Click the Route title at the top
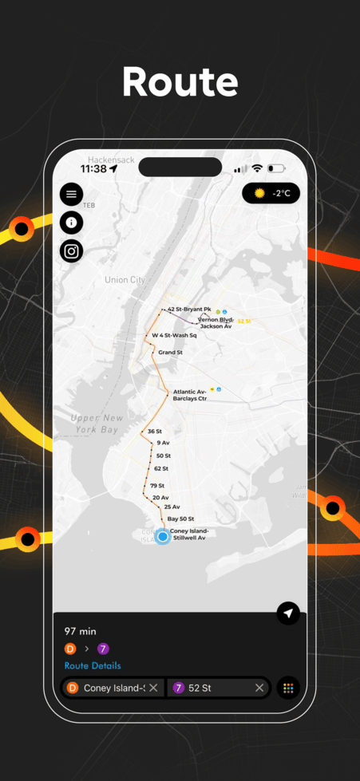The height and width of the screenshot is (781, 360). pyautogui.click(x=180, y=83)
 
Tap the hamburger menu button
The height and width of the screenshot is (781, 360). pyautogui.click(x=72, y=194)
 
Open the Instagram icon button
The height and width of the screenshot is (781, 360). pyautogui.click(x=72, y=251)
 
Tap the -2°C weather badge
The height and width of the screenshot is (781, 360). pyautogui.click(x=271, y=193)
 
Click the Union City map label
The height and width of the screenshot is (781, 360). pyautogui.click(x=125, y=280)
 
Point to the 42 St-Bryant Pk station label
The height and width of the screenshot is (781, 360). pyautogui.click(x=189, y=309)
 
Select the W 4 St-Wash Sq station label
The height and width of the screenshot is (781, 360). pyautogui.click(x=174, y=335)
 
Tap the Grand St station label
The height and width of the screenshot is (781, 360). pyautogui.click(x=170, y=352)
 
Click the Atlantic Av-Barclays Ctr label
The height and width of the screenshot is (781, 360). pyautogui.click(x=190, y=395)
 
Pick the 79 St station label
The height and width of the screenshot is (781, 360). pyautogui.click(x=156, y=485)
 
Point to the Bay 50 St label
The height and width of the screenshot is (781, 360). pyautogui.click(x=180, y=519)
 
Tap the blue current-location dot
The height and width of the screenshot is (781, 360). pyautogui.click(x=163, y=537)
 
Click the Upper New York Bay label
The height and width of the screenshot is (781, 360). pyautogui.click(x=97, y=424)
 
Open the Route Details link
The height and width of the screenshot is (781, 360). pyautogui.click(x=93, y=665)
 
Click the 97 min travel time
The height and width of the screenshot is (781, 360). pyautogui.click(x=81, y=631)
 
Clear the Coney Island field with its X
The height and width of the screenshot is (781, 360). pyautogui.click(x=154, y=688)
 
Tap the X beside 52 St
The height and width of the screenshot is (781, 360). pyautogui.click(x=259, y=688)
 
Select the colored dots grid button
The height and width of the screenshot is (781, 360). pyautogui.click(x=287, y=688)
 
